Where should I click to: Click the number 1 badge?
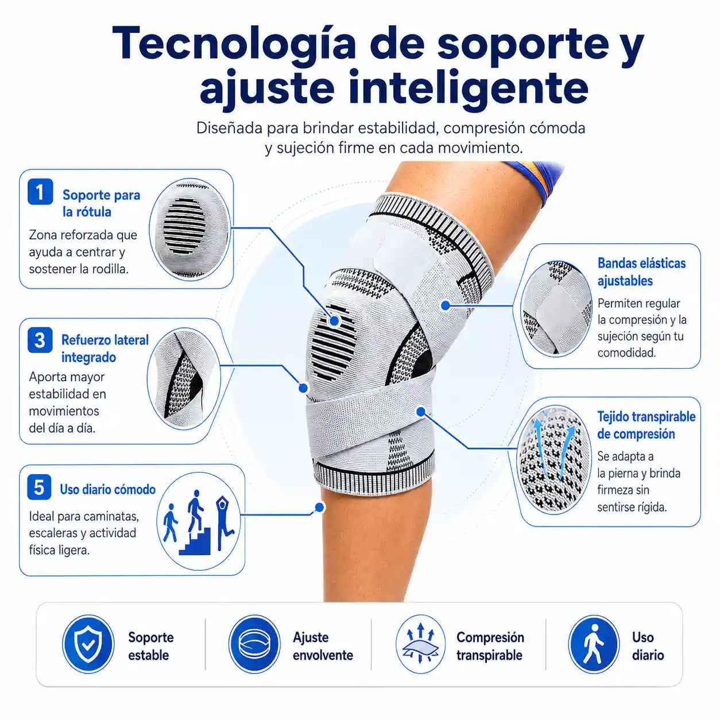click(40, 192)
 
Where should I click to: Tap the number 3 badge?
click(40, 340)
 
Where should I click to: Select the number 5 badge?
click(39, 487)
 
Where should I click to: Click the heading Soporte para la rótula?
click(101, 203)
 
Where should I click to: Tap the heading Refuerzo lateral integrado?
click(104, 349)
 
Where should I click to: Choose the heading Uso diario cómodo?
click(107, 489)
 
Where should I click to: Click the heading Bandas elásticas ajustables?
click(641, 272)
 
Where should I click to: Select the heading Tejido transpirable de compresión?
click(646, 425)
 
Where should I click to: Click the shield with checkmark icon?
click(88, 644)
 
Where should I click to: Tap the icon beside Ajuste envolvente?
click(254, 644)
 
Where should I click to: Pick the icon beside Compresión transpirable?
click(420, 644)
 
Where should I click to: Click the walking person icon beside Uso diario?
click(594, 644)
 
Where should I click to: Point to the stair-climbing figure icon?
click(195, 523)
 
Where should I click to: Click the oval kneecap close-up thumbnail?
click(189, 229)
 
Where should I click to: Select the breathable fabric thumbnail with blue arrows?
click(554, 459)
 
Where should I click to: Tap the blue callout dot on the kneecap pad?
click(334, 320)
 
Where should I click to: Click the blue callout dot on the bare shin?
click(319, 508)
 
